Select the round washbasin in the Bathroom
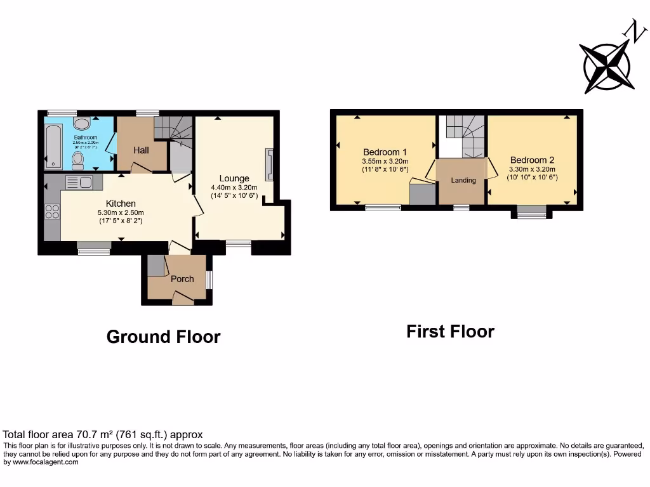coord(81,123)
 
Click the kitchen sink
coord(79,183)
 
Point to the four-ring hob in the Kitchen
coord(52,211)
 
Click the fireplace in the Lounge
coord(270,166)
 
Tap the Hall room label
coord(141,150)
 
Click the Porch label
coord(182,279)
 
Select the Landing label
coord(463,181)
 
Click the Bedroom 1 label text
coord(385,152)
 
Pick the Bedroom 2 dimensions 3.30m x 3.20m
coord(533,169)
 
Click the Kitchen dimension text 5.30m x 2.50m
coord(121,212)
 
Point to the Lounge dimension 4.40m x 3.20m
coord(234,188)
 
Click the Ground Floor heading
coord(163,337)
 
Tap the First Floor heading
coord(450,331)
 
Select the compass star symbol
coord(606,66)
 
